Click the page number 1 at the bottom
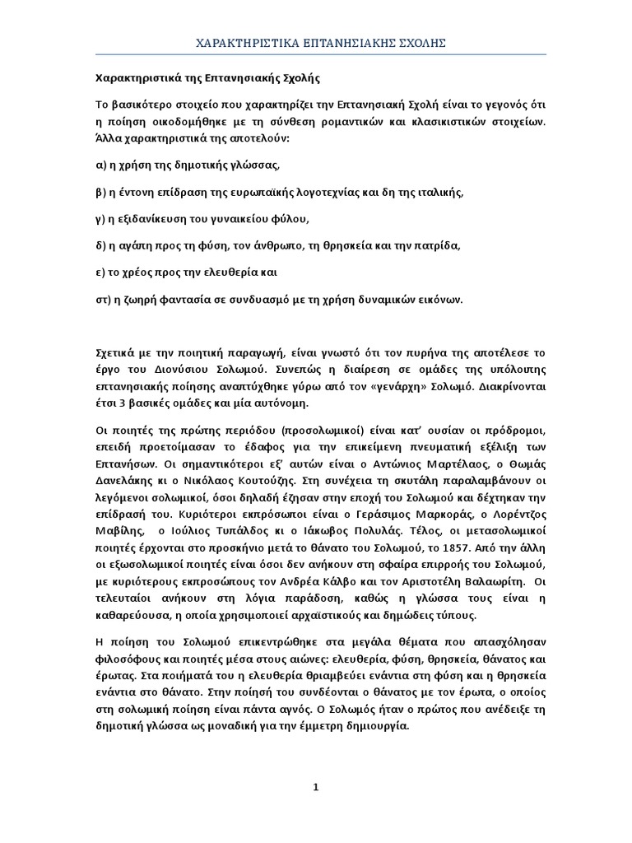pyautogui.click(x=315, y=788)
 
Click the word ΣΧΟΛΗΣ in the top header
pyautogui.click(x=416, y=43)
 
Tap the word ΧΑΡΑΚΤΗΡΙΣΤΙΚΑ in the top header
pyautogui.click(x=239, y=43)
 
